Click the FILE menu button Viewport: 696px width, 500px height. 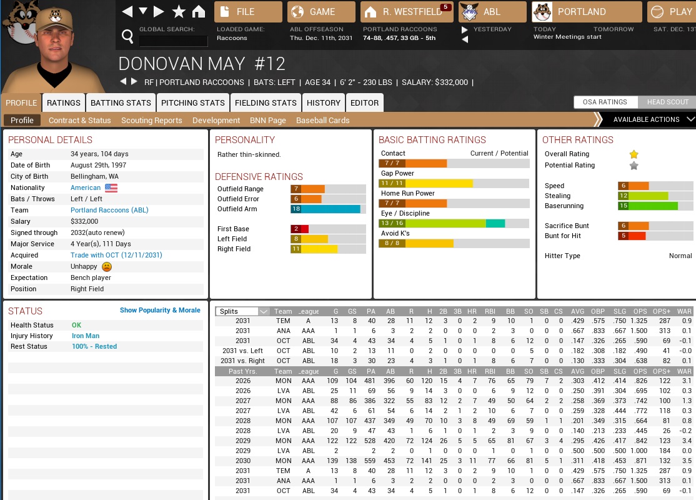point(248,12)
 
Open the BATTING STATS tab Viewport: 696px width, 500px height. point(121,102)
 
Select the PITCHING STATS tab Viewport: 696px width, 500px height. point(192,102)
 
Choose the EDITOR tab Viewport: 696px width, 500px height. point(364,102)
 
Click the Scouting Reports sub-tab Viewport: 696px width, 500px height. point(152,120)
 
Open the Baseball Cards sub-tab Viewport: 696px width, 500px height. point(322,120)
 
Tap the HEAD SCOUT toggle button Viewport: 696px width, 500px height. point(667,102)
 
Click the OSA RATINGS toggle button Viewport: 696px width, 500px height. point(605,102)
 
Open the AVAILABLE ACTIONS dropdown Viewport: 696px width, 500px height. point(647,119)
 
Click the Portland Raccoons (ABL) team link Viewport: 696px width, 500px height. point(109,210)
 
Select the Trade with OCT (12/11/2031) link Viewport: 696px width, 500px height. point(116,255)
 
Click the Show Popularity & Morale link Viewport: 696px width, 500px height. point(160,310)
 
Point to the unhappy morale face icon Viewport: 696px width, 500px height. point(106,266)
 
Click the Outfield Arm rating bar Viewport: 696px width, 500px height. point(328,209)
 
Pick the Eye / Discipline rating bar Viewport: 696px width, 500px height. point(454,223)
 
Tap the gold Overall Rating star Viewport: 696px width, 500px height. point(634,154)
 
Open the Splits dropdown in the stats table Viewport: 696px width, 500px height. point(244,311)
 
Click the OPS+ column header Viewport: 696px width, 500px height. point(662,311)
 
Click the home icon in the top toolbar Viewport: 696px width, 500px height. point(199,12)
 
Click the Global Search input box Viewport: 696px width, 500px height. point(173,41)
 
